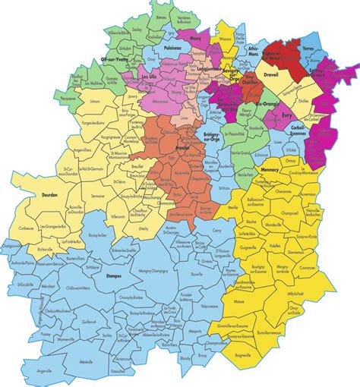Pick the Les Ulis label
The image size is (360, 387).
click(x=153, y=77)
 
